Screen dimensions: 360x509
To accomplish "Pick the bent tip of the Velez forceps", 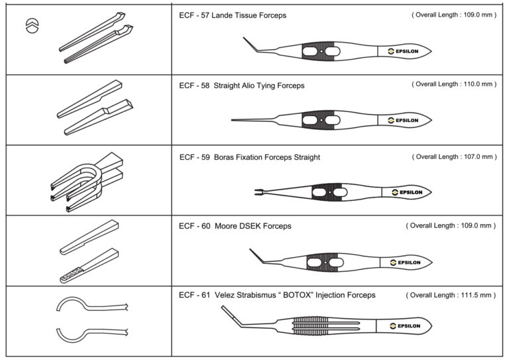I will tap(224, 308).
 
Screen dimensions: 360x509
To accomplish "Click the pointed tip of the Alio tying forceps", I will tap(234, 120).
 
